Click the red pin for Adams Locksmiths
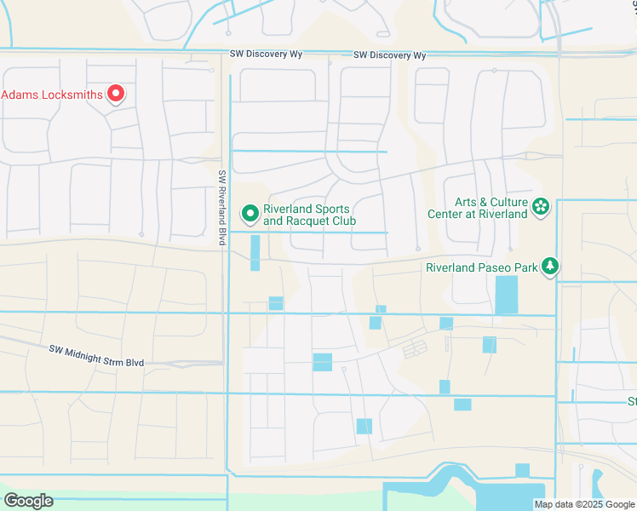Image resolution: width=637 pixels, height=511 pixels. (115, 94)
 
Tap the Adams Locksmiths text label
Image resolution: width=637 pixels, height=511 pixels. (52, 95)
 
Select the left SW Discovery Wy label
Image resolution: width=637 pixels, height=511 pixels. (267, 55)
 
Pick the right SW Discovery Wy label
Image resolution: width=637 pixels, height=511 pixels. (389, 55)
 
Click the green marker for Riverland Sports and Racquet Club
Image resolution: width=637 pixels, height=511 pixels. (250, 213)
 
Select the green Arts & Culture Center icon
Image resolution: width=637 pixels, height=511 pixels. (540, 206)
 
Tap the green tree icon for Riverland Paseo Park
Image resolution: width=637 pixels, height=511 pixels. (550, 267)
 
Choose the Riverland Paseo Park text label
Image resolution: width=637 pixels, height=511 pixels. (481, 267)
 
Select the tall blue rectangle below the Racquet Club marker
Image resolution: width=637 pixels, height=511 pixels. (255, 253)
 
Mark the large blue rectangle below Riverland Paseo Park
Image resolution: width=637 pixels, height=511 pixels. (506, 295)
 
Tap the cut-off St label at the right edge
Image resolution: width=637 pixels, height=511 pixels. (632, 401)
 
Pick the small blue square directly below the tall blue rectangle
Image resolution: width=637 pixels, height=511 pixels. (275, 303)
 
